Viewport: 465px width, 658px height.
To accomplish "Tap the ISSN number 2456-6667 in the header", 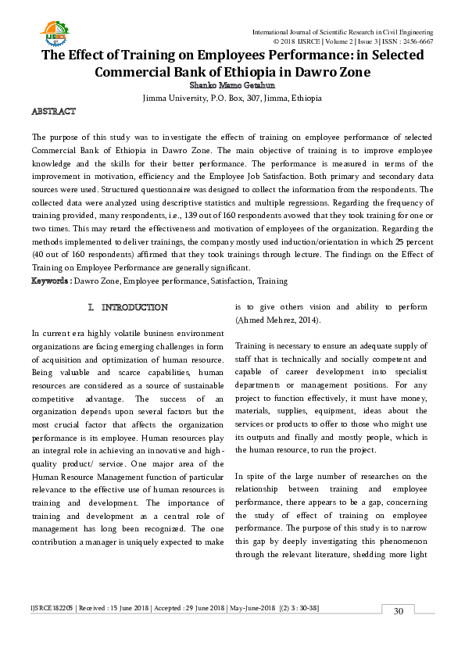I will (416, 41).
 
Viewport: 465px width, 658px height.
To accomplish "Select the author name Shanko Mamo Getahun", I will (232, 88).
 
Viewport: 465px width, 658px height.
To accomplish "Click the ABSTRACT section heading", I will (53, 113).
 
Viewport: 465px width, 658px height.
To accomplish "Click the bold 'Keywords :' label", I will (51, 281).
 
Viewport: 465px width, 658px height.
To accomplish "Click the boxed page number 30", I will (398, 610).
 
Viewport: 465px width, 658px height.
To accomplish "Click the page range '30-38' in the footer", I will (305, 608).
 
